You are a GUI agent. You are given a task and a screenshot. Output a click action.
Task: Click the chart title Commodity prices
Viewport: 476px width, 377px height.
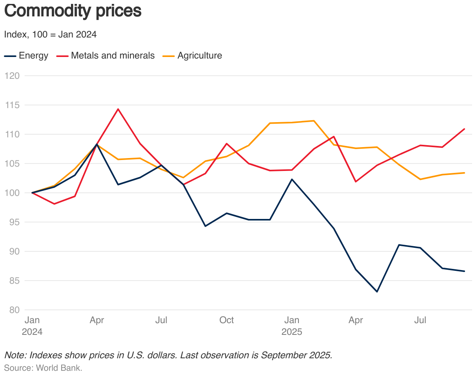coord(73,11)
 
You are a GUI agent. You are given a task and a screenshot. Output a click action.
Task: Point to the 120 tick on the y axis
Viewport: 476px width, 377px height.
coord(12,76)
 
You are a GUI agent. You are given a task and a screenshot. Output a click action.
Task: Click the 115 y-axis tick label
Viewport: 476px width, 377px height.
coord(12,105)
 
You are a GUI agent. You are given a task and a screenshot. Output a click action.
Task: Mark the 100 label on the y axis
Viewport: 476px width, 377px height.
coord(12,193)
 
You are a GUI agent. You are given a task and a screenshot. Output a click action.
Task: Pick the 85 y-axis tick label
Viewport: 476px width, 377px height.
coord(13,281)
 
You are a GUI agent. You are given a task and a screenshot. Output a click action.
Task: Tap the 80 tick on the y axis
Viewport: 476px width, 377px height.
coord(13,310)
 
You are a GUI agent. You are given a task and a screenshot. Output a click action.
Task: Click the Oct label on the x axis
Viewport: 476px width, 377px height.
coord(226,320)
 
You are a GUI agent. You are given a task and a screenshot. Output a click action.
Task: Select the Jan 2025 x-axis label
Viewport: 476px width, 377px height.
coord(291,326)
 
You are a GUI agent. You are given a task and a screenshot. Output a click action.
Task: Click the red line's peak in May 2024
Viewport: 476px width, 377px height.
coord(118,109)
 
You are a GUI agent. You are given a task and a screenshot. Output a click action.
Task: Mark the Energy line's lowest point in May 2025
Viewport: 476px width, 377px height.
coord(377,292)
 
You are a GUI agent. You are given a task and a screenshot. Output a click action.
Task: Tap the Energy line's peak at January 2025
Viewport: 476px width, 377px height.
coord(292,179)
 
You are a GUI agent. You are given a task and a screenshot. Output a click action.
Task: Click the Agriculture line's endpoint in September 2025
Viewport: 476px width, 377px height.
coord(464,172)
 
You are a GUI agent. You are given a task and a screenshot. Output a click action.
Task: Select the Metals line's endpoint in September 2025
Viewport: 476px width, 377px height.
coord(464,129)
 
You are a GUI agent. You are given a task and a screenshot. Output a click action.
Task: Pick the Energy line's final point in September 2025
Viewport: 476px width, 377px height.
coord(464,271)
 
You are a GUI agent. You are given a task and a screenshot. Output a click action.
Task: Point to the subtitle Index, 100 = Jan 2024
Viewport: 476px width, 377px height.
coord(50,34)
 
